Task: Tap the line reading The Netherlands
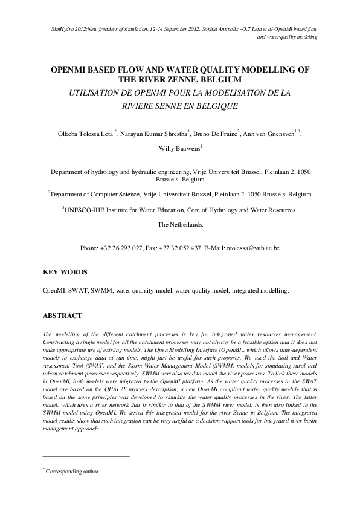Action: click(x=180, y=224)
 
